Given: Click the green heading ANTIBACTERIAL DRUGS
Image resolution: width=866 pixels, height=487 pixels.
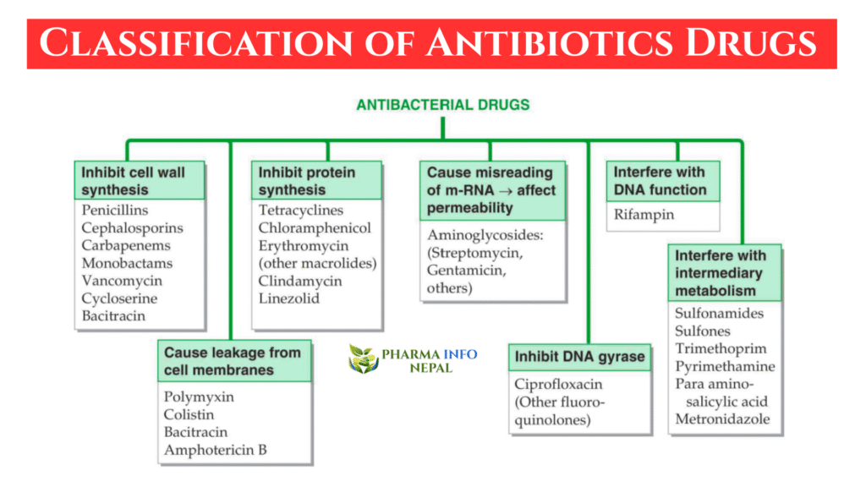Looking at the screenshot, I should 443,105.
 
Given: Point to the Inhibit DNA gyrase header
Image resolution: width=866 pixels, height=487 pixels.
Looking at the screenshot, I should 579,357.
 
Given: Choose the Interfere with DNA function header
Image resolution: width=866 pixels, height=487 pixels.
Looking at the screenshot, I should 660,180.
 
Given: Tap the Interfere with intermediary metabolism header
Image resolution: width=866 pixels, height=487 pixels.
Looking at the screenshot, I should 720,273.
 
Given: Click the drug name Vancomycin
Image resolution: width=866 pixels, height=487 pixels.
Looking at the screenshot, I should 122,281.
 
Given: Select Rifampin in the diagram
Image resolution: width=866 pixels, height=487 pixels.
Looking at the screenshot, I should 644,215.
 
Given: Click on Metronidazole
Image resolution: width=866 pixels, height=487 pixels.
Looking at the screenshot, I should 722,419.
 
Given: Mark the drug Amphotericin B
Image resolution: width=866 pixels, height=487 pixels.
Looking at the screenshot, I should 215,450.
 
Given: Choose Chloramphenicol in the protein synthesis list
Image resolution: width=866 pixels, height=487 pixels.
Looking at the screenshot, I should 315,228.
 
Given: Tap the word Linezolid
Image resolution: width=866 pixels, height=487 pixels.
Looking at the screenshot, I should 289,299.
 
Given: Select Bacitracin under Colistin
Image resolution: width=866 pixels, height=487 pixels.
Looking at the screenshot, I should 197,432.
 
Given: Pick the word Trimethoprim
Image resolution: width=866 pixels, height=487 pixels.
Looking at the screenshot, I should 721,348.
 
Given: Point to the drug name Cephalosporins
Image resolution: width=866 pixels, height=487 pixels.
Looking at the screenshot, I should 132,228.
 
